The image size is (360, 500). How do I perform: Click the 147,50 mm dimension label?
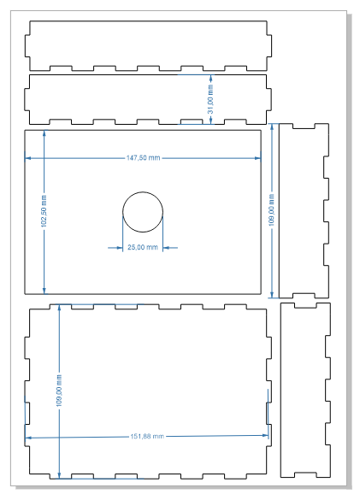143,158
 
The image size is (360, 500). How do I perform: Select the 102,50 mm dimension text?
44,211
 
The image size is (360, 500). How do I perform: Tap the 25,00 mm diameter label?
143,247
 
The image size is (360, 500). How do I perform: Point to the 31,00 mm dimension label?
210,99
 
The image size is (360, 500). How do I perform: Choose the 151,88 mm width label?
147,436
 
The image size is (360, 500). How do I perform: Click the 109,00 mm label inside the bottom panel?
59,391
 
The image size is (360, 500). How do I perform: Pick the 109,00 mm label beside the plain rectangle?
272,210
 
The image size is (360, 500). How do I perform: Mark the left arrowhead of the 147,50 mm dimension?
27,158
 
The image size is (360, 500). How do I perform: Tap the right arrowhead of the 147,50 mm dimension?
258,158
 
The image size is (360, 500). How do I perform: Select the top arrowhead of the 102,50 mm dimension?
44,133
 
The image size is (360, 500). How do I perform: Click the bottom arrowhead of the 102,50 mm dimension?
44,291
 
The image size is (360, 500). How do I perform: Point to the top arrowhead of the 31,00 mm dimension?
210,78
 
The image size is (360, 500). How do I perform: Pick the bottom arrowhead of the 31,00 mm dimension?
210,121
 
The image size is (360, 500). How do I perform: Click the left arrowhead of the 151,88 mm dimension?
27,438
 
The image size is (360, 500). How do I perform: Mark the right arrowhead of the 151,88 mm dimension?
265,435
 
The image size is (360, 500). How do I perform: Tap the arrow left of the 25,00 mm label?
115,248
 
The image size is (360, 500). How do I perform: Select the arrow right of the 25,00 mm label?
170,248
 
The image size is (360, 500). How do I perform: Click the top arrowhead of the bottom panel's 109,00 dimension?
59,308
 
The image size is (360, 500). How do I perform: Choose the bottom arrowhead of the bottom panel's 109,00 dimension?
59,475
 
